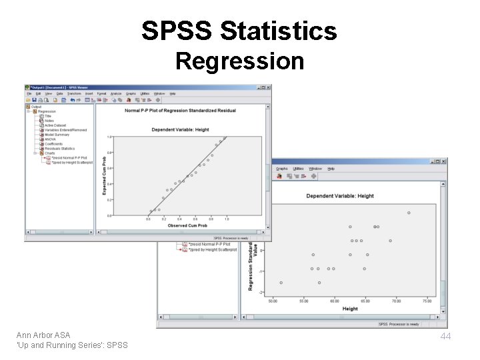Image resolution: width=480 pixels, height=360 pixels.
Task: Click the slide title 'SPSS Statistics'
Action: point(239,31)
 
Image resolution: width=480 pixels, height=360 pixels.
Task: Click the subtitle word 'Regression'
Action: point(239,61)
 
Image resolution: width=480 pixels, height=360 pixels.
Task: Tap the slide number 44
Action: point(445,337)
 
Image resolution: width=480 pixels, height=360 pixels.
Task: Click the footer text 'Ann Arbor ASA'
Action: point(43,335)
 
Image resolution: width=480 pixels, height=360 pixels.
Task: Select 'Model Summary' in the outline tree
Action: point(57,135)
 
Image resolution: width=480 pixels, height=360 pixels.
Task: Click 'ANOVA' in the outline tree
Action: point(51,139)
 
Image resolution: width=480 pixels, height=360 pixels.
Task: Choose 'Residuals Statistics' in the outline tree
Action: point(59,149)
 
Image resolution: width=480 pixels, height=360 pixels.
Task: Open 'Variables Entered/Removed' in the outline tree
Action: point(65,130)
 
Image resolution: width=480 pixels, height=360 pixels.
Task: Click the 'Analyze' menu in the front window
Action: point(116,94)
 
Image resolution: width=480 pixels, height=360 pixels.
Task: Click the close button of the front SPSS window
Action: point(268,87)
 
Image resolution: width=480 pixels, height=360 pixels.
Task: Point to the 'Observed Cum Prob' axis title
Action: point(187,225)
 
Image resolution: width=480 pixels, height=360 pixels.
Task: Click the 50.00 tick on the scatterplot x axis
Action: point(273,301)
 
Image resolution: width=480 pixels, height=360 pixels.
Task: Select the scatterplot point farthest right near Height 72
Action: point(409,213)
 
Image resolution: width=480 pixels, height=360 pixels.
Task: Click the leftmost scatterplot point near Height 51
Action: point(281,283)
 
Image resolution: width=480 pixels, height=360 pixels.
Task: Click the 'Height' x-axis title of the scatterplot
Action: point(350,309)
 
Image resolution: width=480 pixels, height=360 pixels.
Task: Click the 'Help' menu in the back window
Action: point(331,169)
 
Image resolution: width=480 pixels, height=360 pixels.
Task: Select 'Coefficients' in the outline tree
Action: point(54,144)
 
